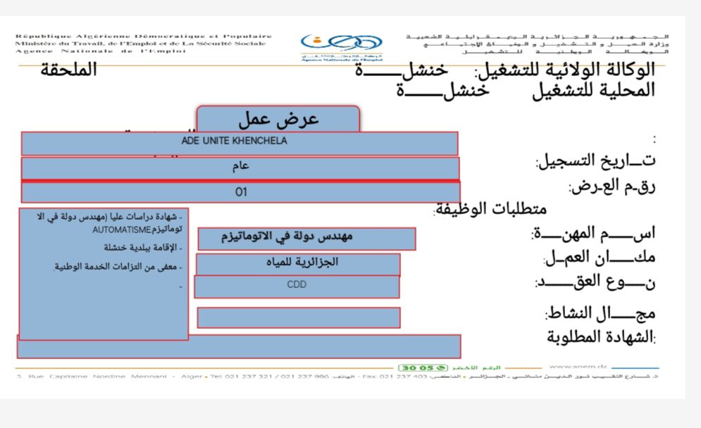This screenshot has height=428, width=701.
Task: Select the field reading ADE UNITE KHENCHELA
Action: coord(240,143)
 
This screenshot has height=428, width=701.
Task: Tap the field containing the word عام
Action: coord(240,168)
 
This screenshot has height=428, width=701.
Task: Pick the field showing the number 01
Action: coord(240,192)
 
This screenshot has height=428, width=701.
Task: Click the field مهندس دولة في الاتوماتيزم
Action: coord(306,239)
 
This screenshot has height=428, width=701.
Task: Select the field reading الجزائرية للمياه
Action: coord(298,264)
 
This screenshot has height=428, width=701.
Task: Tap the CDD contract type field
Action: coord(297,287)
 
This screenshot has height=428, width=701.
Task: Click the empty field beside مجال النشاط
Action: coord(298,317)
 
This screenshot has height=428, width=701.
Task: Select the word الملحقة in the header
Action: coord(68,70)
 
